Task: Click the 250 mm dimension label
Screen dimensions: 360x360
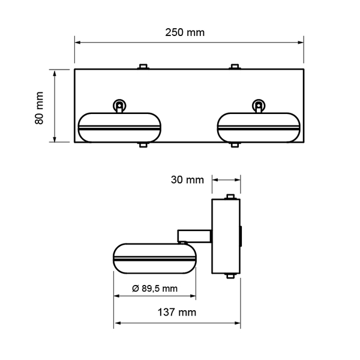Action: coord(185,32)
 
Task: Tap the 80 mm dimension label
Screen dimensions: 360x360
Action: coord(39,108)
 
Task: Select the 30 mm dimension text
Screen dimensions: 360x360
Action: coord(187,179)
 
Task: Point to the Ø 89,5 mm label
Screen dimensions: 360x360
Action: coord(155,289)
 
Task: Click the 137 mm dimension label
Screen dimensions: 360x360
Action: coord(177,312)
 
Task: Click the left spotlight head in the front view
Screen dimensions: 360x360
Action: coord(119,127)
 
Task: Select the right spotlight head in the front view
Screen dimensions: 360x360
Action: coord(259,127)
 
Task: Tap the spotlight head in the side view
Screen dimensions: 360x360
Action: coord(155,259)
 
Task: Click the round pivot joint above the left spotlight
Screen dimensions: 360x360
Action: coord(119,106)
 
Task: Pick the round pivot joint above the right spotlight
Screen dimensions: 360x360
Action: coord(259,106)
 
